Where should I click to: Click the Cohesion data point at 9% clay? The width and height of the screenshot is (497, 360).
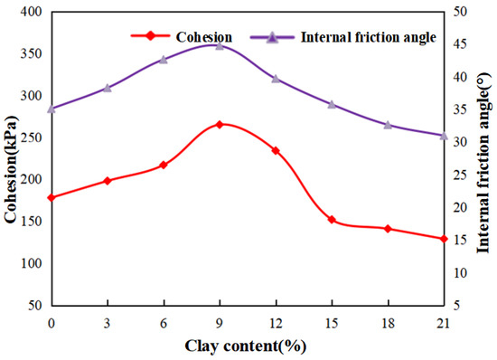(220, 124)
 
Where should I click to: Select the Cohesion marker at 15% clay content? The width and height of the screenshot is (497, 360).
(332, 220)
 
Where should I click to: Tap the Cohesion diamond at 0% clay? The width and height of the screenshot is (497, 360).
(52, 197)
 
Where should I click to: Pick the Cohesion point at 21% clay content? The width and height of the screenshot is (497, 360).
(444, 239)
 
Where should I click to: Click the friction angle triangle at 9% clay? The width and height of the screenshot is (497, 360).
(220, 44)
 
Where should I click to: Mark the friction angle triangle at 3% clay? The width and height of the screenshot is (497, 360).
(108, 88)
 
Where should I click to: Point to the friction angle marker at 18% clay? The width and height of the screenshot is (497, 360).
(388, 124)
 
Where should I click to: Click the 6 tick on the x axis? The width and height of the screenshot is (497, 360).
(164, 323)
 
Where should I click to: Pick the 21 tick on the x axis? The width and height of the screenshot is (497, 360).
(443, 323)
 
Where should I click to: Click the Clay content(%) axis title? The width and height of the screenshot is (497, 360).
(245, 345)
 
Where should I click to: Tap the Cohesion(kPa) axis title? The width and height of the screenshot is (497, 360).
(12, 160)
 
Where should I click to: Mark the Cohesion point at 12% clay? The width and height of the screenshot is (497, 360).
(276, 150)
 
